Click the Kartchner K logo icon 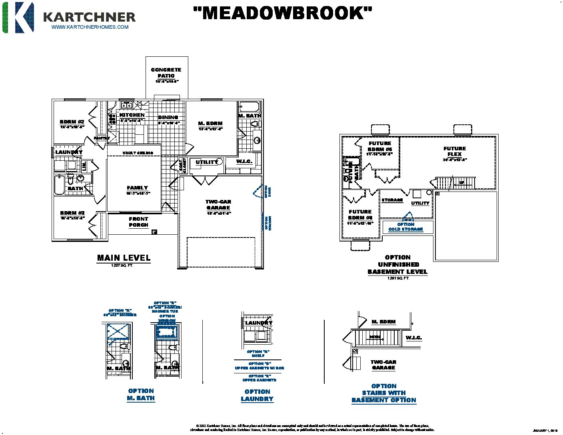pos(18,17)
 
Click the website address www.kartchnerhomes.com pos(90,27)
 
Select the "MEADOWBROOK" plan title pos(282,13)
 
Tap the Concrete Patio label pos(166,73)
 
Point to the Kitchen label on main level pos(132,115)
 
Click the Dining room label pos(168,118)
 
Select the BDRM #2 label pos(72,122)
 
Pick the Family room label pos(138,188)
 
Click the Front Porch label pos(138,222)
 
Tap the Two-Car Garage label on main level pos(218,205)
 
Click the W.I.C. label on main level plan pos(244,162)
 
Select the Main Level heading pos(124,258)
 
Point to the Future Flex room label pos(455,151)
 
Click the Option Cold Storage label pos(406,227)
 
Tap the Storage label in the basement pos(392,200)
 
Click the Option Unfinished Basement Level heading pos(398,265)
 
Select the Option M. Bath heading pos(141,395)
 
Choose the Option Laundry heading pos(257,395)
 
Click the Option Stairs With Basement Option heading pos(384,393)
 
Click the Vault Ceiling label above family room pos(138,153)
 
